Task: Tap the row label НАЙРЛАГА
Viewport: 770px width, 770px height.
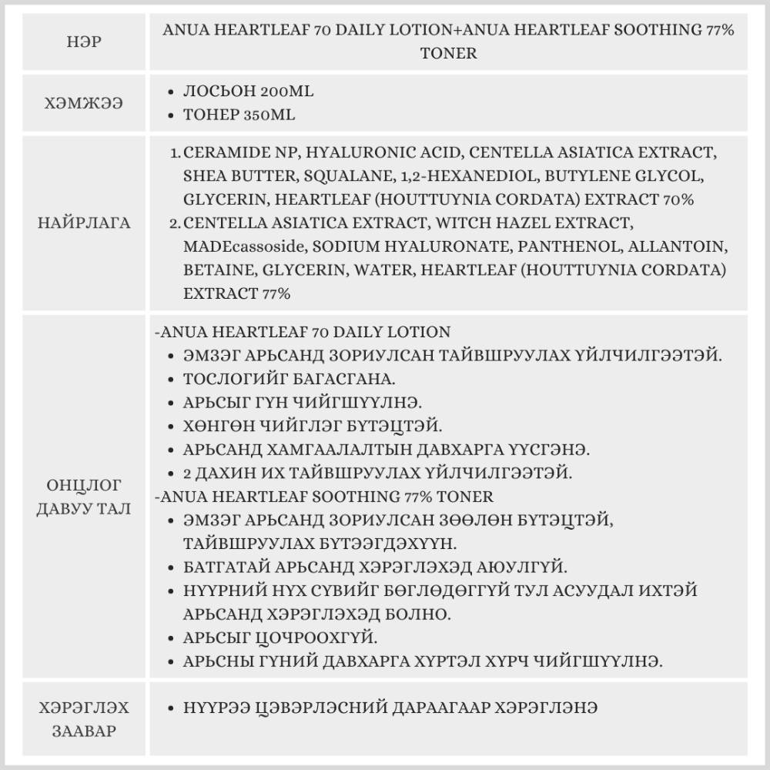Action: pyautogui.click(x=84, y=223)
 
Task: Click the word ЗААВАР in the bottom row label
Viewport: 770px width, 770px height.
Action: pyautogui.click(x=84, y=731)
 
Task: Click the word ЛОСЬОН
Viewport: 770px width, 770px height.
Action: pyautogui.click(x=216, y=92)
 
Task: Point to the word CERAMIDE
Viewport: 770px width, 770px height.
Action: pyautogui.click(x=223, y=152)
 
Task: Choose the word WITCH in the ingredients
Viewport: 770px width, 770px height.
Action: pyautogui.click(x=453, y=223)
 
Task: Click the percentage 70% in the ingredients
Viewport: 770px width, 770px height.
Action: pyautogui.click(x=678, y=199)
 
